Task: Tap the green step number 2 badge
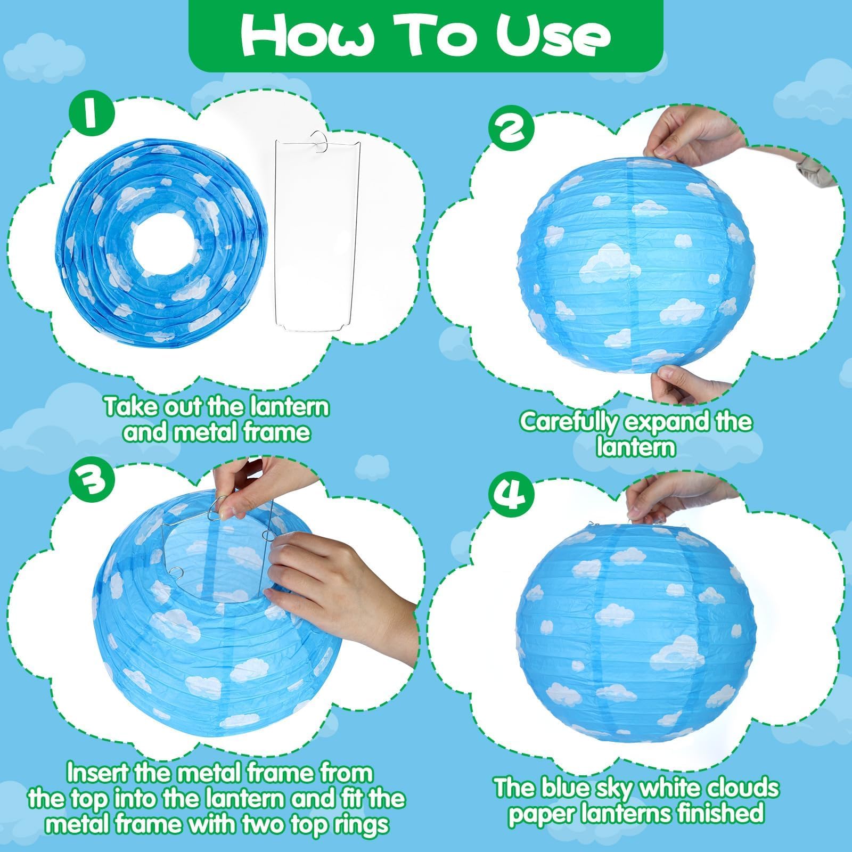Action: click(x=510, y=126)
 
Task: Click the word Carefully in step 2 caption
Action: click(x=568, y=422)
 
